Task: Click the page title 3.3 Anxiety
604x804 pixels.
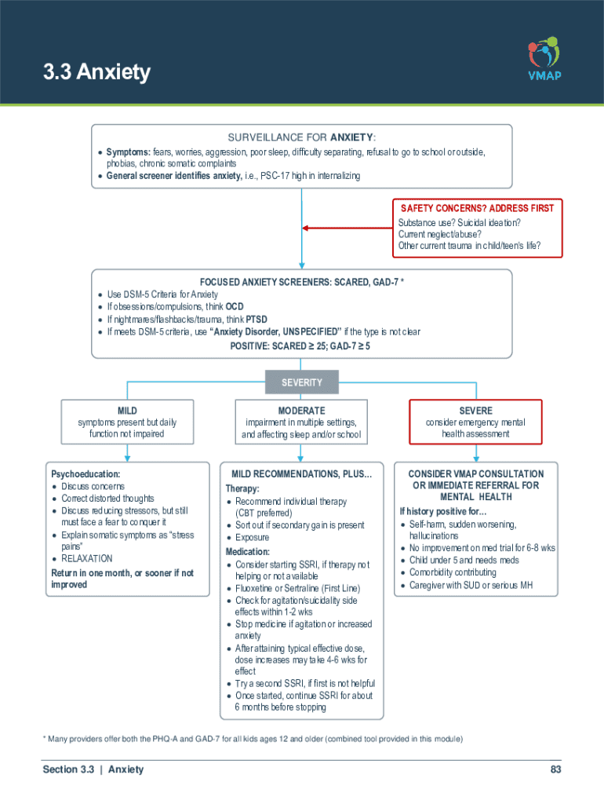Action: point(96,73)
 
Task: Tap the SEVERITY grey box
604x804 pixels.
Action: point(302,382)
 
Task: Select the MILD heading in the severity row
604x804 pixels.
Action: point(127,411)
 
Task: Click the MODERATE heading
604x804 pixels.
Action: point(301,411)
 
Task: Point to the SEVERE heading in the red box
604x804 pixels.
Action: point(475,411)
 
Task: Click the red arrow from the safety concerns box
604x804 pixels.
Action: point(345,228)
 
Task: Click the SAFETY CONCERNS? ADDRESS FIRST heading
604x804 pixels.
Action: point(477,208)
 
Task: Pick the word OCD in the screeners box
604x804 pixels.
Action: point(235,307)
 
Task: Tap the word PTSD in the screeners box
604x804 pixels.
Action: point(257,320)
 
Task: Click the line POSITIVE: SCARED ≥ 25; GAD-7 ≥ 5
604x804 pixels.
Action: point(300,345)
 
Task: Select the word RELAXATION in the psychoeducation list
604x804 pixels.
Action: point(87,558)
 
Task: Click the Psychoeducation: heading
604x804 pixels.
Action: point(86,474)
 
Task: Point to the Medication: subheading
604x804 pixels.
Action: point(248,552)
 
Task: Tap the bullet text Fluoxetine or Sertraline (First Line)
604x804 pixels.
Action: point(297,588)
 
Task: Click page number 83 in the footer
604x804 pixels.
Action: point(555,769)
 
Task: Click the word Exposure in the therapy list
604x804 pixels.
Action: point(252,538)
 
